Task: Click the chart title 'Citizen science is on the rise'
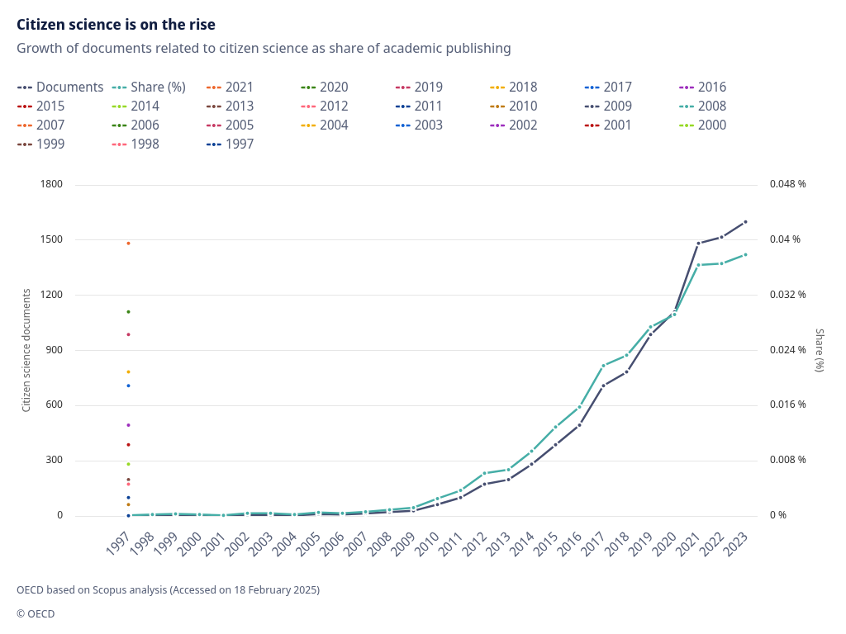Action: [x=116, y=25]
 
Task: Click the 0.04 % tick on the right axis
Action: [x=786, y=239]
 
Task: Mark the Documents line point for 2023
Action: [x=745, y=221]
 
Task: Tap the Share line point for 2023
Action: [x=745, y=254]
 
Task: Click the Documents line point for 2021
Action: [x=698, y=244]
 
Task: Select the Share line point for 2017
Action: [x=603, y=365]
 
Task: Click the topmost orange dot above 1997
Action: [x=128, y=243]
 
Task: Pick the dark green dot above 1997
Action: [x=128, y=311]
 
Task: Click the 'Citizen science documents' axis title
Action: [x=26, y=350]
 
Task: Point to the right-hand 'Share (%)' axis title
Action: [x=820, y=350]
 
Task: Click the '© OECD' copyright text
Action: [x=36, y=613]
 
